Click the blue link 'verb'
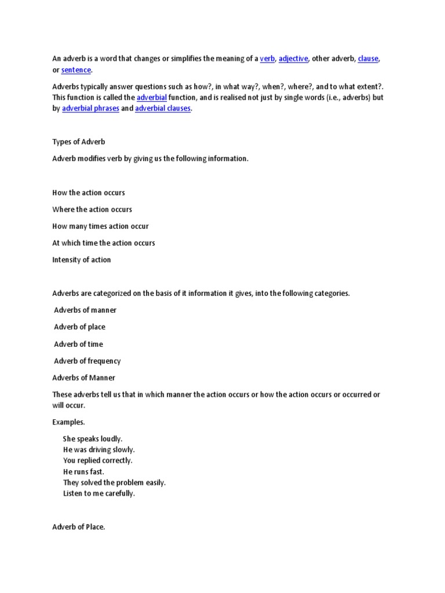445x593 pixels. click(267, 58)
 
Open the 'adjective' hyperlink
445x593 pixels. click(293, 58)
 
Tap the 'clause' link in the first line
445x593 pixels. click(368, 58)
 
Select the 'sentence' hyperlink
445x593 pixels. click(76, 69)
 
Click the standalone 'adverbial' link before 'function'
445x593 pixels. click(152, 97)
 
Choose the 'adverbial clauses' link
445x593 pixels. click(163, 108)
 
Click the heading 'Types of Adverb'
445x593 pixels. click(79, 142)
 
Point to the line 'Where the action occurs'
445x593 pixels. click(92, 209)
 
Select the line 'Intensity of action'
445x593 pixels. click(82, 259)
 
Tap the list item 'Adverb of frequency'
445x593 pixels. click(87, 361)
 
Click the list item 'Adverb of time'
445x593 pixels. click(78, 344)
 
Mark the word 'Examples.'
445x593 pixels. click(68, 422)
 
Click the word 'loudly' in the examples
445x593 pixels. click(111, 438)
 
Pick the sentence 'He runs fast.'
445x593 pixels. click(83, 471)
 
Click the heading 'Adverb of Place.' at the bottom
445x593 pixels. click(79, 527)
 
